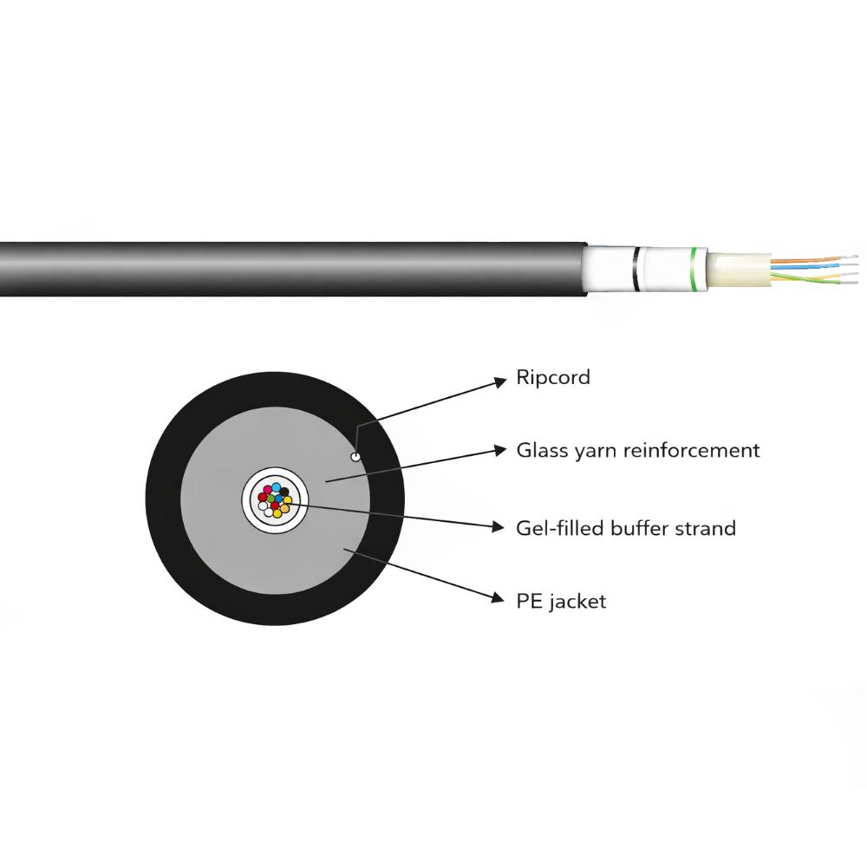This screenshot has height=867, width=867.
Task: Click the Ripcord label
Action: [x=553, y=378]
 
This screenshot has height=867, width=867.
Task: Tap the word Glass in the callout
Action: [x=542, y=450]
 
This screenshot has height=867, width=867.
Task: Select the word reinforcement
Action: [x=692, y=450]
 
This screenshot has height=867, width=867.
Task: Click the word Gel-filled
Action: [x=559, y=528]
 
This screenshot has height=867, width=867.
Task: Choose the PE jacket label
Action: [x=561, y=601]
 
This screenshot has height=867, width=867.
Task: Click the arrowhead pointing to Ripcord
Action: [x=500, y=381]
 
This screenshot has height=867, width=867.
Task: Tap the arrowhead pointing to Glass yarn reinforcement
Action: [x=500, y=450]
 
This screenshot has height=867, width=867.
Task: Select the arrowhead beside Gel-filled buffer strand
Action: [x=499, y=527]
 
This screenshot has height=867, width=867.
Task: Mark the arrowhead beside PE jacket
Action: [x=499, y=597]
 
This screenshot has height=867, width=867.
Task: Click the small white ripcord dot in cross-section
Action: [x=355, y=456]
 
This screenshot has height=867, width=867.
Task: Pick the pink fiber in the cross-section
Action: [x=268, y=489]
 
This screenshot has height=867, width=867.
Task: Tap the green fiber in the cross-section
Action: [x=271, y=499]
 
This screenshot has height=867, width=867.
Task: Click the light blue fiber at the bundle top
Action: [x=276, y=487]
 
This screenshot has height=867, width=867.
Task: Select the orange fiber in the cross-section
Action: [x=284, y=508]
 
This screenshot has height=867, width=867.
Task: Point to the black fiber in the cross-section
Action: [x=284, y=492]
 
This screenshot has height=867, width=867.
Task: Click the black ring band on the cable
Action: [x=637, y=270]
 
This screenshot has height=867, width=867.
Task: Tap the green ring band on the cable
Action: [x=694, y=270]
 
